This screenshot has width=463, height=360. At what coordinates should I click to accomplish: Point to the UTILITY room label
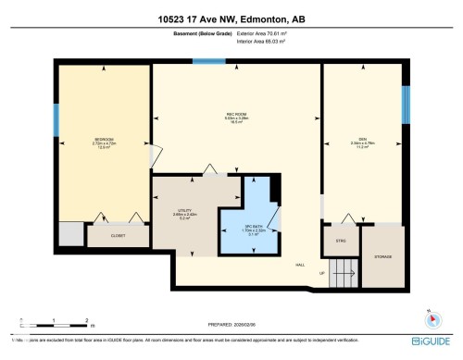point(185,211)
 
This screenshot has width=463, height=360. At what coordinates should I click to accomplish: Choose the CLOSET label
point(118,236)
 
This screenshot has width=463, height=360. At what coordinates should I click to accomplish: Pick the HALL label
point(300,266)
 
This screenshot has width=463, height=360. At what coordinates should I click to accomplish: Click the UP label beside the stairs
point(321,274)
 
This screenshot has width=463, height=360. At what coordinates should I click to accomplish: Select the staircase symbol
point(344,273)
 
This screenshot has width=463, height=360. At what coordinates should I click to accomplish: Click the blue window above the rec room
point(208,62)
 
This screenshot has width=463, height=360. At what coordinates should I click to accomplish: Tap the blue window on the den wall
point(405,105)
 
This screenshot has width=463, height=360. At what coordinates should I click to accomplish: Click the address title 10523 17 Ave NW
point(231,19)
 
